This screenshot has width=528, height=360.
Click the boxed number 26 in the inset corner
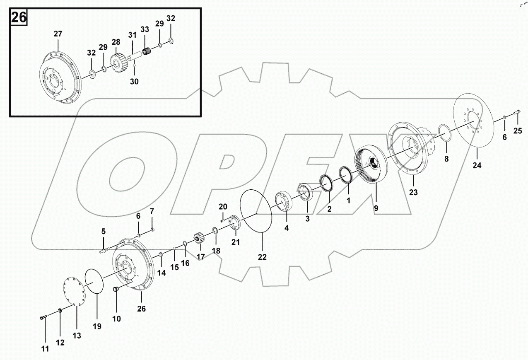point(18,17)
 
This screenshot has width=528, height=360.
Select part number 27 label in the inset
point(58,34)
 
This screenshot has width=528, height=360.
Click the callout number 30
point(134,82)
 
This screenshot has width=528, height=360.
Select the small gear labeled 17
point(200,239)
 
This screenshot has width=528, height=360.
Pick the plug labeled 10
point(116,289)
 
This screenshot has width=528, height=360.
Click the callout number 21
point(236,242)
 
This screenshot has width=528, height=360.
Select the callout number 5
point(104,231)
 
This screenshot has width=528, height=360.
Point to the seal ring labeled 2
point(327,184)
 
